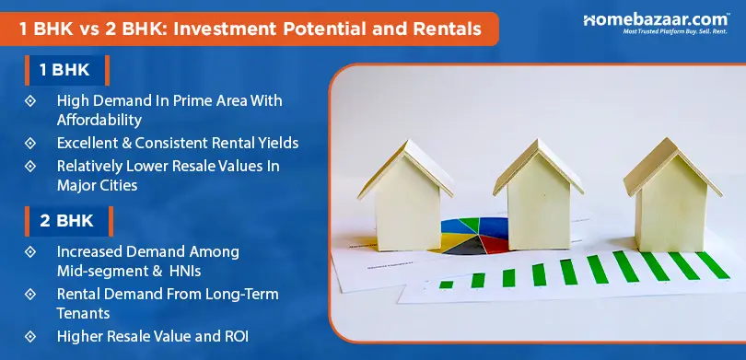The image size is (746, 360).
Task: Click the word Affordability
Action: coord(99,120)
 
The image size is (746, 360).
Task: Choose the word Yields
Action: coord(276,144)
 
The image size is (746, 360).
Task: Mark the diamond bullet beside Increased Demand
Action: coord(30,251)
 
